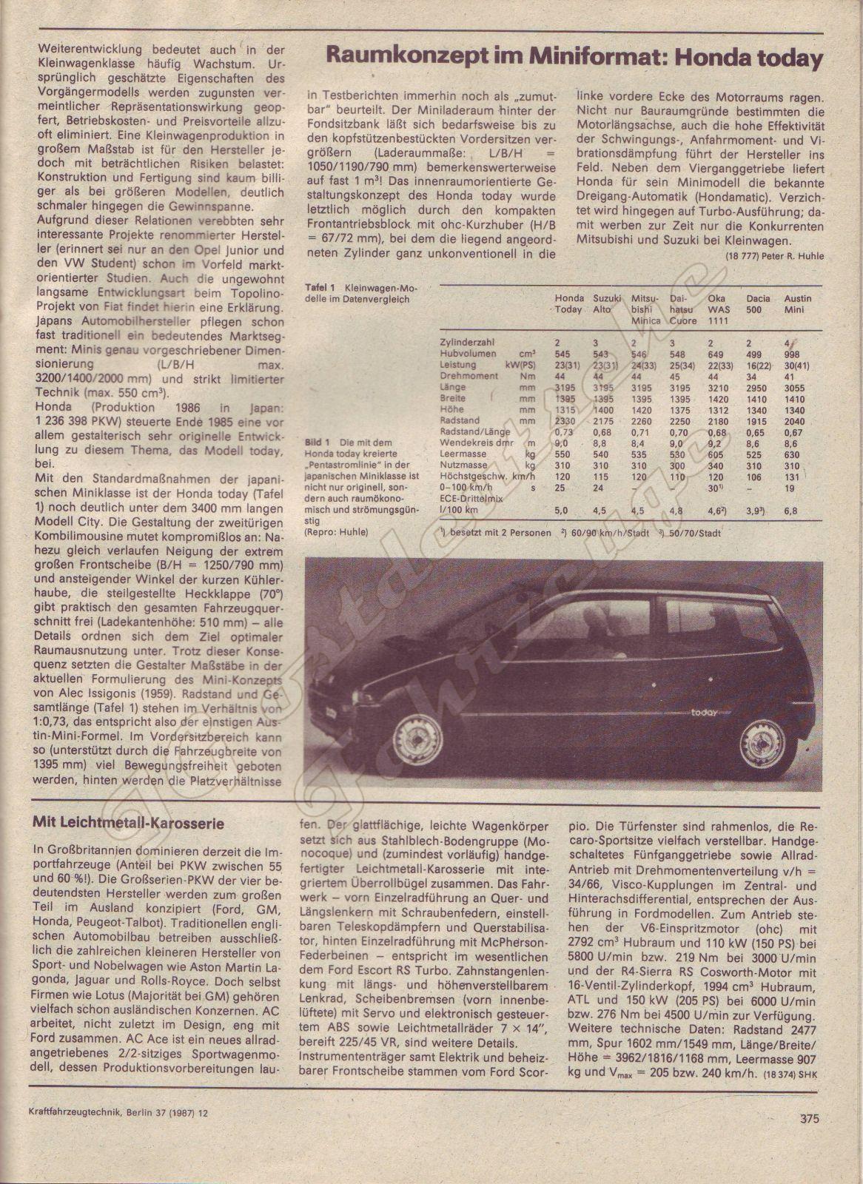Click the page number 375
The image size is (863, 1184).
click(810, 1119)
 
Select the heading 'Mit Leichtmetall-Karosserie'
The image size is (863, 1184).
click(130, 822)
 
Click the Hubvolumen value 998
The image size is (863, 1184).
click(792, 354)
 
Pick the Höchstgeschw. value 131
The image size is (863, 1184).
click(792, 477)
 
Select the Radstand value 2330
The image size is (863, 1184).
click(564, 421)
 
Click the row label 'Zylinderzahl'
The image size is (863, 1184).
click(467, 343)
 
